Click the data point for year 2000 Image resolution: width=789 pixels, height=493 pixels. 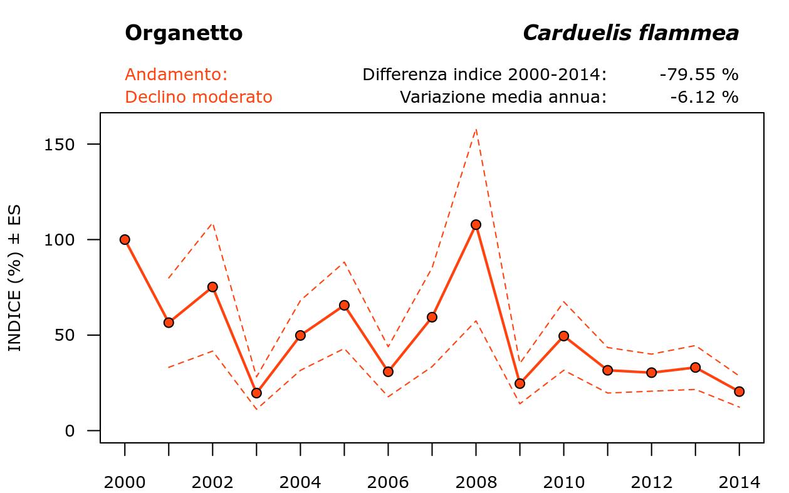[x=125, y=239]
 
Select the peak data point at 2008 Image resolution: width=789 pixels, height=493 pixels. [x=476, y=224]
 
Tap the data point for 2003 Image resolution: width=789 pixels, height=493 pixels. [x=256, y=393]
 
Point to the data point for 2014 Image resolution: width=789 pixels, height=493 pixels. [x=739, y=392]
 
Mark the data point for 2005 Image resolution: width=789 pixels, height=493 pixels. [x=344, y=305]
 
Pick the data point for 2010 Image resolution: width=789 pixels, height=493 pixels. [x=563, y=336]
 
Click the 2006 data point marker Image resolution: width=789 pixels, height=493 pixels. [x=388, y=371]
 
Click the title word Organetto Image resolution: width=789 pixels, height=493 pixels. [x=184, y=33]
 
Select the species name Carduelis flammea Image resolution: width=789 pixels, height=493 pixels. [x=630, y=33]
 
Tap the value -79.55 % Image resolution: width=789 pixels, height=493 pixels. [x=699, y=75]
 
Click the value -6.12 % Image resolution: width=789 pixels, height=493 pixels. [x=704, y=97]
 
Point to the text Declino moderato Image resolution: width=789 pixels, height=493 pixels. [x=199, y=97]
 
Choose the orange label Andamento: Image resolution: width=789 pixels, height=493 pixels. [x=176, y=75]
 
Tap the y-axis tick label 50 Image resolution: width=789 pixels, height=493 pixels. [x=66, y=335]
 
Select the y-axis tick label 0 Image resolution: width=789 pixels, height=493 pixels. [x=70, y=431]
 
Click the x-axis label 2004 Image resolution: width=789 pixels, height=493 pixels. [x=300, y=482]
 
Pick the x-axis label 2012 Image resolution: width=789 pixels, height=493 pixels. [x=651, y=482]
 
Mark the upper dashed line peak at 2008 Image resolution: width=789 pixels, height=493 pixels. [x=476, y=129]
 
